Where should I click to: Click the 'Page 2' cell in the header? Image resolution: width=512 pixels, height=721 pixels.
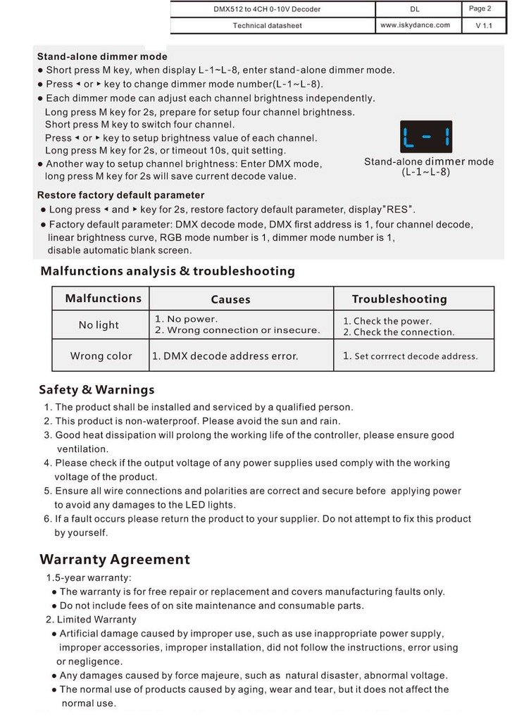[480, 8]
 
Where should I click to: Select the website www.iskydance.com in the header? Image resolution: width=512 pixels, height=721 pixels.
[415, 25]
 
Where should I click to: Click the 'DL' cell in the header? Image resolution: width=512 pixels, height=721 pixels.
[415, 9]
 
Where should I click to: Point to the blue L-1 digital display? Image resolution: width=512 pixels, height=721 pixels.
[426, 137]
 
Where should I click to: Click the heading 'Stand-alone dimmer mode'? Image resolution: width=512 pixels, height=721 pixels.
[102, 56]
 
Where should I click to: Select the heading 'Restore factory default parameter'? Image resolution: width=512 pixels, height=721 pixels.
[120, 195]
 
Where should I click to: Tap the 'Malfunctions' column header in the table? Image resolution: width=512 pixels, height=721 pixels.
[103, 299]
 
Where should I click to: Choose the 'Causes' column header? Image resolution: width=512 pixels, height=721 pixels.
[230, 299]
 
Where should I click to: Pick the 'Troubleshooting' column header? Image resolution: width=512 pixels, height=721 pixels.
[399, 299]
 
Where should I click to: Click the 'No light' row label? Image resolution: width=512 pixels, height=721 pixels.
[99, 325]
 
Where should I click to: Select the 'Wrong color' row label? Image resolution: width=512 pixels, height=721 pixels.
[101, 356]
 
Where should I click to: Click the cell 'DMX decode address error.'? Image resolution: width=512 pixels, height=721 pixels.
[225, 356]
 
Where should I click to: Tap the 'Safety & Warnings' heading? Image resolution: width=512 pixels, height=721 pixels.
[96, 389]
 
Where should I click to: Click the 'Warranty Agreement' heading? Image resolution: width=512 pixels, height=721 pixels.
[114, 560]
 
